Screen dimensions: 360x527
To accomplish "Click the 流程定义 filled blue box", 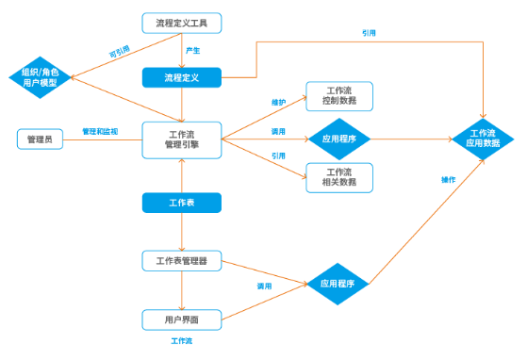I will (181, 77).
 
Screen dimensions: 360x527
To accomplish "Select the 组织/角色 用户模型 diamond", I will (40, 77).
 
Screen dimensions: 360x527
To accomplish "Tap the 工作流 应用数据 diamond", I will (482, 139).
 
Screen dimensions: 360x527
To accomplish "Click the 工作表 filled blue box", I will (181, 203).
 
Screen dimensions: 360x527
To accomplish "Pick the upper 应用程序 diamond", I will (339, 139).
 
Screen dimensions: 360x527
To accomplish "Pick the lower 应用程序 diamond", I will (337, 283).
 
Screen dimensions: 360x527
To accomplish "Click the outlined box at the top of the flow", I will (181, 23).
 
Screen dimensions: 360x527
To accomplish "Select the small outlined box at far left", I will (40, 139).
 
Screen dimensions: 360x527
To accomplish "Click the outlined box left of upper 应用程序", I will (181, 139).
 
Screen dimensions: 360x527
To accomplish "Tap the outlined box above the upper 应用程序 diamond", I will (338, 96).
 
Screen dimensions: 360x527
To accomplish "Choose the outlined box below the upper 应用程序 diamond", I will (338, 177).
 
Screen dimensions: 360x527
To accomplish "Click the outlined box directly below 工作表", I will (181, 260).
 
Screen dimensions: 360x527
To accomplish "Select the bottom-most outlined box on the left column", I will (181, 319).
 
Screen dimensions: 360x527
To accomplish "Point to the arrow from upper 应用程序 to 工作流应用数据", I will (410, 139).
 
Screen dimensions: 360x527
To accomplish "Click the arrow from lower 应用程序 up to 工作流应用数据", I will (424, 222).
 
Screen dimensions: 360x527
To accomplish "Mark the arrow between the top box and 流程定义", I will (181, 51).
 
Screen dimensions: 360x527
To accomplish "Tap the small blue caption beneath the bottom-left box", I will (181, 340).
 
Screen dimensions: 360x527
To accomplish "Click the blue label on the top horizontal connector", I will (369, 33).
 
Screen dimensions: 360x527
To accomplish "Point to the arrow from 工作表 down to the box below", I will (181, 232).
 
